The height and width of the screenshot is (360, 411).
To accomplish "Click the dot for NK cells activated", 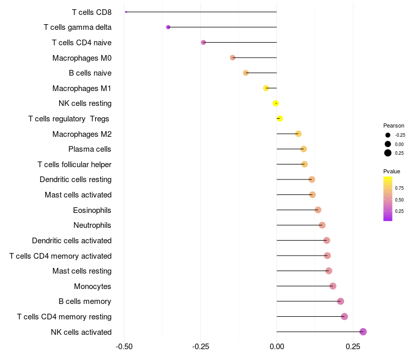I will (x=363, y=332).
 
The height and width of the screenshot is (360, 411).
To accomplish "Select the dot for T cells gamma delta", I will (x=168, y=27).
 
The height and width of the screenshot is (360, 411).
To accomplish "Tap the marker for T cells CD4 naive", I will (x=203, y=42).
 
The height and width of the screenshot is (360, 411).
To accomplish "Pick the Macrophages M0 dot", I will (x=233, y=58).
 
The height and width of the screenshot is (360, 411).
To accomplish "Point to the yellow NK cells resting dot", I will (x=276, y=103).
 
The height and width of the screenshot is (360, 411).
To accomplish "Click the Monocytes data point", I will (x=333, y=286).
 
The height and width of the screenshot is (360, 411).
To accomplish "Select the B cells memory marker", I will (x=340, y=301).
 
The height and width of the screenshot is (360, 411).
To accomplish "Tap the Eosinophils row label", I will (x=92, y=210).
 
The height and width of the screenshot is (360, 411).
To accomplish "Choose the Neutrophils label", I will (x=92, y=225).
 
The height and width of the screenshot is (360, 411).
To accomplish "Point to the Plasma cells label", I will (x=90, y=149).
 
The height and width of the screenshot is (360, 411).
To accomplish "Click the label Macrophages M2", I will (x=82, y=134).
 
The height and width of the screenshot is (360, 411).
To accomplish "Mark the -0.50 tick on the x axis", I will (x=124, y=347).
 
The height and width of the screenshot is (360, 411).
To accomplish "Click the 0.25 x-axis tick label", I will (x=353, y=347).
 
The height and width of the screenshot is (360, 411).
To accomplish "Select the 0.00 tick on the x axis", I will (x=276, y=347).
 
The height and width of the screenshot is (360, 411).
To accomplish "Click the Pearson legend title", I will (x=394, y=125).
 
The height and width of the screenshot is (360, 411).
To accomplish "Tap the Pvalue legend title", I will (x=391, y=171).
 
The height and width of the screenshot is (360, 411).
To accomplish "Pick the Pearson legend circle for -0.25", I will (x=388, y=135).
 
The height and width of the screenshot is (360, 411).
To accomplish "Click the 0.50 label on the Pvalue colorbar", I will (x=399, y=200).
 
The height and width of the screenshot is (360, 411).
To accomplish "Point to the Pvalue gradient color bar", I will (x=388, y=199).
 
